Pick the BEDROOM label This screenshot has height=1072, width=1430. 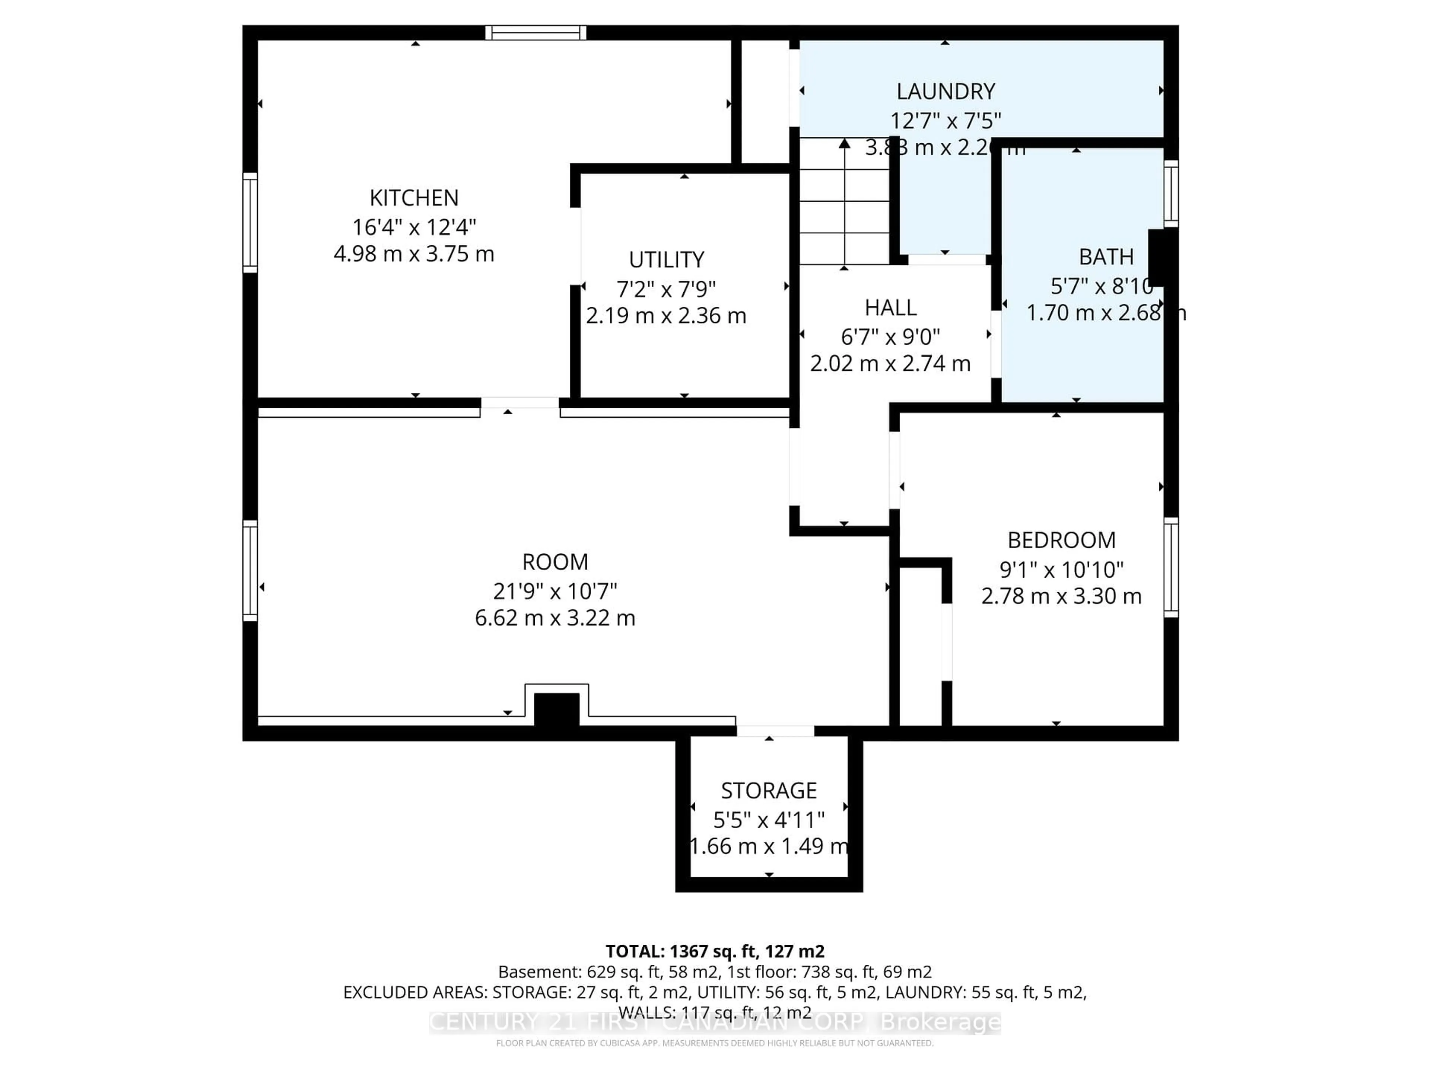click(x=1061, y=540)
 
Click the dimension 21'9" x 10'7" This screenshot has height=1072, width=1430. click(x=554, y=591)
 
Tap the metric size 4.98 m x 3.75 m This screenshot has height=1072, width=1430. click(x=414, y=254)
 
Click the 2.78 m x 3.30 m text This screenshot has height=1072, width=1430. click(x=1061, y=596)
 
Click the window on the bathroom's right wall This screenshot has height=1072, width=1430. click(x=1171, y=193)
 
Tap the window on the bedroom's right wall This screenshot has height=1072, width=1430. click(x=1171, y=567)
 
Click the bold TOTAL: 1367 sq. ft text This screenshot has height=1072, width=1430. click(x=714, y=951)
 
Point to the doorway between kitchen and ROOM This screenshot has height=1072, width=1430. click(x=520, y=403)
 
